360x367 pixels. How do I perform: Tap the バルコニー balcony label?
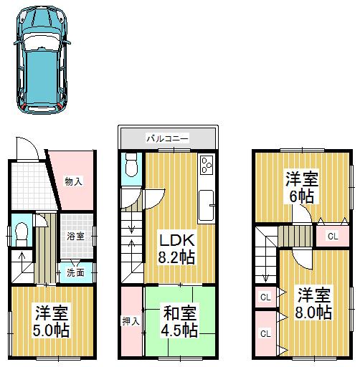[x=167, y=137]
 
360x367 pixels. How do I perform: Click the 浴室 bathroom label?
[x=76, y=235]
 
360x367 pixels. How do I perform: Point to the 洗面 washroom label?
[x=75, y=272]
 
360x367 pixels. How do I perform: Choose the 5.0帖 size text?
[x=52, y=330]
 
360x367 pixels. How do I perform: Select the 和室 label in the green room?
[x=180, y=313]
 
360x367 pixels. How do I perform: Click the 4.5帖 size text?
[x=180, y=330]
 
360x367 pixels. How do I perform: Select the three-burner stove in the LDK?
[x=207, y=166]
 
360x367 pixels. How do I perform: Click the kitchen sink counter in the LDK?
[x=208, y=206]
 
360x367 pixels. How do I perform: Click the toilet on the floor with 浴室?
[x=22, y=231]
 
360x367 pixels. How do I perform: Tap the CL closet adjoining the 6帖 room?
[x=332, y=236]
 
